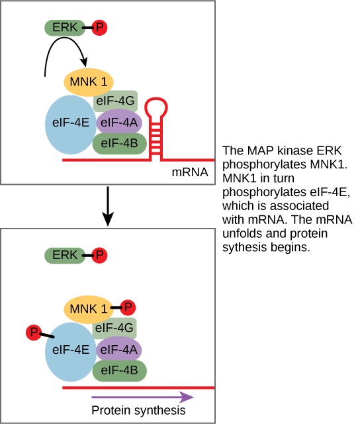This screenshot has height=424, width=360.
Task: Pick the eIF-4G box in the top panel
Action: pos(116,101)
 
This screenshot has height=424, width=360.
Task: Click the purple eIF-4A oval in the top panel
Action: pos(118,123)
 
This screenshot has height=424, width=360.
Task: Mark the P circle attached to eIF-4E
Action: pos(34,331)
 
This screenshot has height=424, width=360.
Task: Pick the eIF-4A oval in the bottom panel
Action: pos(118,349)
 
